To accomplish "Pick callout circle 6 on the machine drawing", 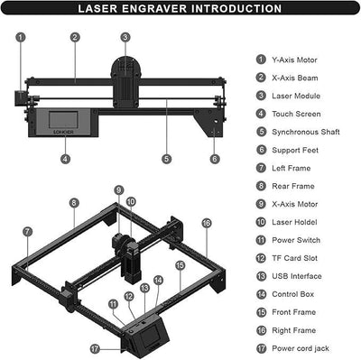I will [x=214, y=158].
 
